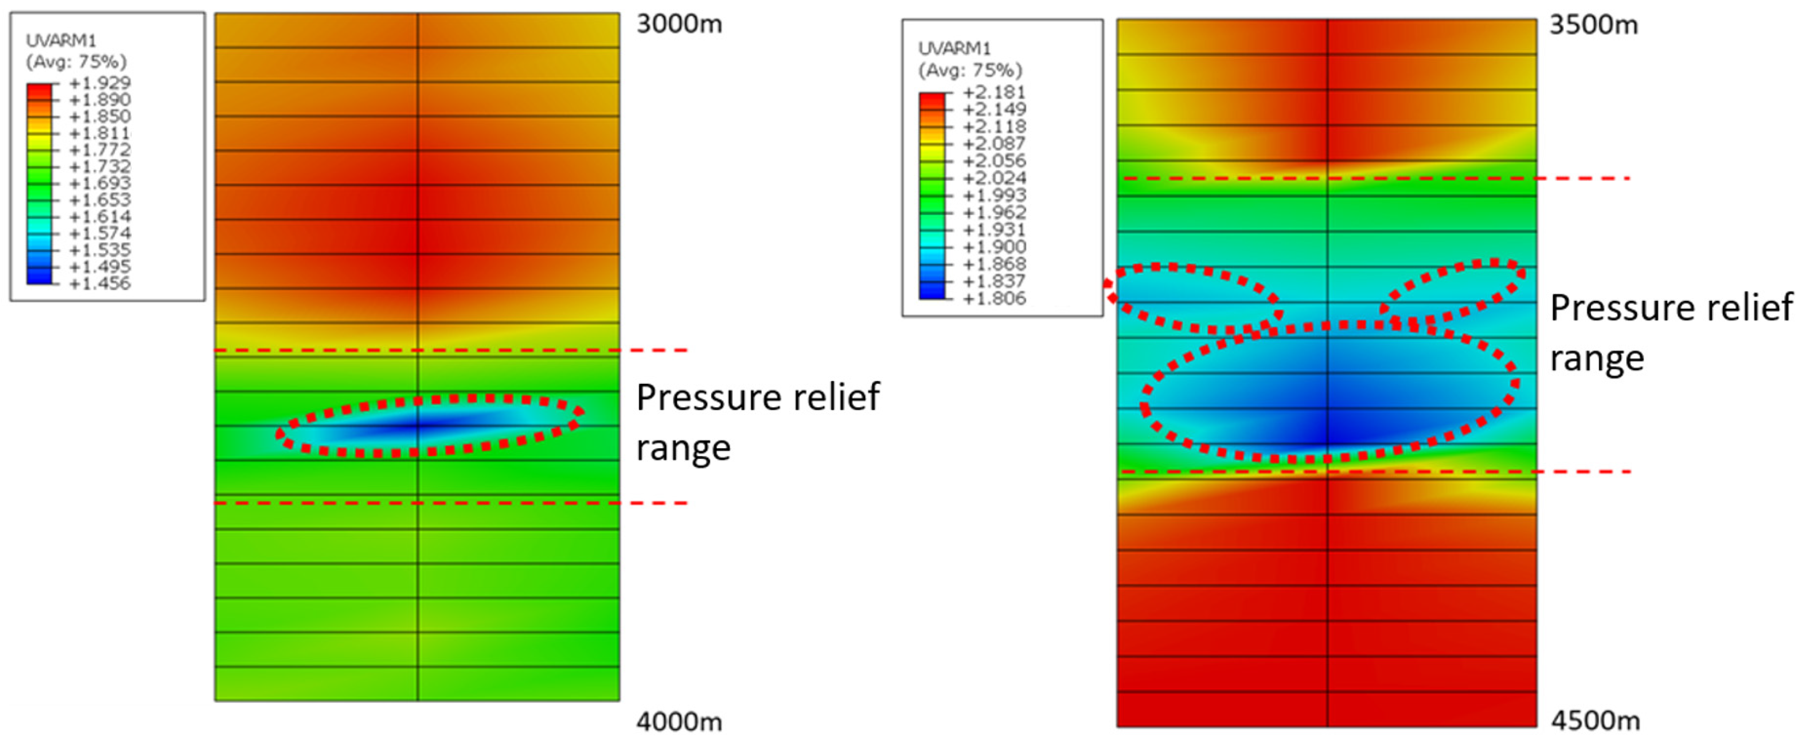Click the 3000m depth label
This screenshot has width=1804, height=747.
pos(679,24)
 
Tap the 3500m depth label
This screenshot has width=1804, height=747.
pos(1593,25)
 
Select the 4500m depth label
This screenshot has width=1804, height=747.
pos(1595,721)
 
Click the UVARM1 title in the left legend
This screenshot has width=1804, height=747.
pos(61,40)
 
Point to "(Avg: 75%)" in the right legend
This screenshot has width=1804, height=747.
pos(970,70)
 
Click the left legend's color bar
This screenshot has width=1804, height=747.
pos(39,183)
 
